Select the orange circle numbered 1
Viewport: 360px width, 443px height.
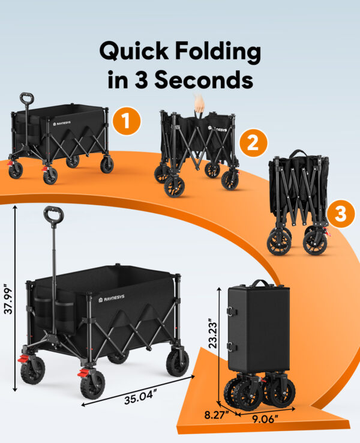[126, 121]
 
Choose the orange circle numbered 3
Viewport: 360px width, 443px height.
[340, 214]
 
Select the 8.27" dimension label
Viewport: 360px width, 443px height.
[217, 415]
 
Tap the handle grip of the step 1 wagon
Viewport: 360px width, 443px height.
[26, 98]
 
